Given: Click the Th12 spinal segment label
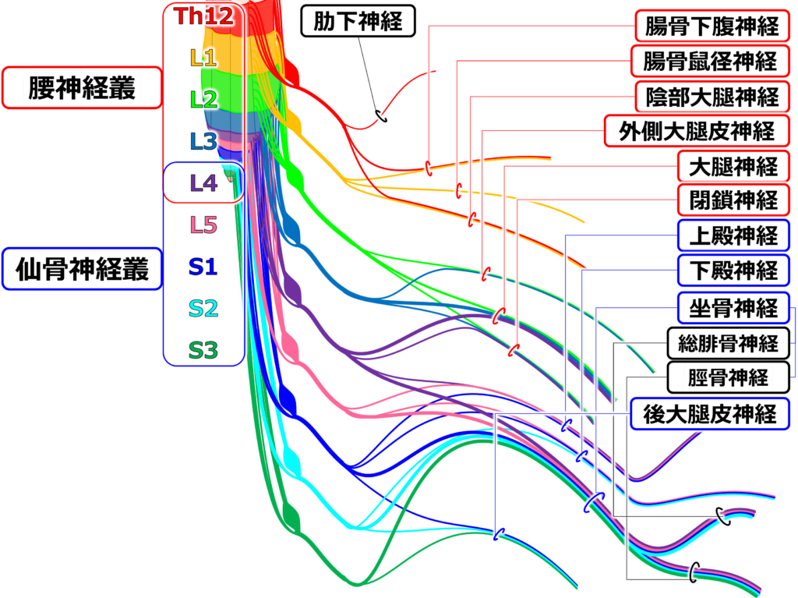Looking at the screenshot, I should point(203,17).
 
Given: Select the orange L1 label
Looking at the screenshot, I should point(203,58).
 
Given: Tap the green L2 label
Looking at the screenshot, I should point(203,99).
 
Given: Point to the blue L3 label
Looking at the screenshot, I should point(203,141).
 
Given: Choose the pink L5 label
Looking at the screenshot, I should point(203,225).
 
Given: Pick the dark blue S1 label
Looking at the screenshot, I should point(203,267).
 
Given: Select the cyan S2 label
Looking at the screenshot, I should point(203,310).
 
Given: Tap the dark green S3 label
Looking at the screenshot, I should point(203,351).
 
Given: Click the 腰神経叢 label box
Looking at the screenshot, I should point(81,88).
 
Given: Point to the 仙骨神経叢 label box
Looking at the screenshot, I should point(82,269).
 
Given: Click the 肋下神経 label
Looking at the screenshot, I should point(358,21).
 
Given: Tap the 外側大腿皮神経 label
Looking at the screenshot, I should point(697,131).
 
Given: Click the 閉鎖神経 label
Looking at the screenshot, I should point(733,200).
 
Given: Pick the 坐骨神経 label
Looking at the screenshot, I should point(733,308).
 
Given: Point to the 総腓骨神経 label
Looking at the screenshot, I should point(728,343).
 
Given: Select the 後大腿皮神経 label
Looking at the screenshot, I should point(710,413).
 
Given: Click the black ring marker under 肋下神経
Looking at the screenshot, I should point(382,115).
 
